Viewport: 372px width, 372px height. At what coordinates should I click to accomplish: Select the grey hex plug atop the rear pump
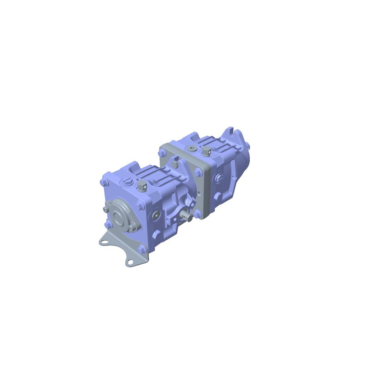[x=207, y=152]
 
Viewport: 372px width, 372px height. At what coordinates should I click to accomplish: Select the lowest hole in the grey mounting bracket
[x=131, y=261]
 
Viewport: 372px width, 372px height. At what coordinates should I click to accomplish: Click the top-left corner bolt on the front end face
[x=103, y=182]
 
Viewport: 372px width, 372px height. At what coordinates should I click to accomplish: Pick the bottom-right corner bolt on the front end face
[x=141, y=249]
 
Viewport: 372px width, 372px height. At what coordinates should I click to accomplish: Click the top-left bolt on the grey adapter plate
[x=162, y=153]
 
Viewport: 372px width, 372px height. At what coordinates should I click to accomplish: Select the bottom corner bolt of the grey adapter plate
[x=198, y=214]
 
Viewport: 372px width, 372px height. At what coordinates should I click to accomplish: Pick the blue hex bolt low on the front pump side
[x=156, y=235]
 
